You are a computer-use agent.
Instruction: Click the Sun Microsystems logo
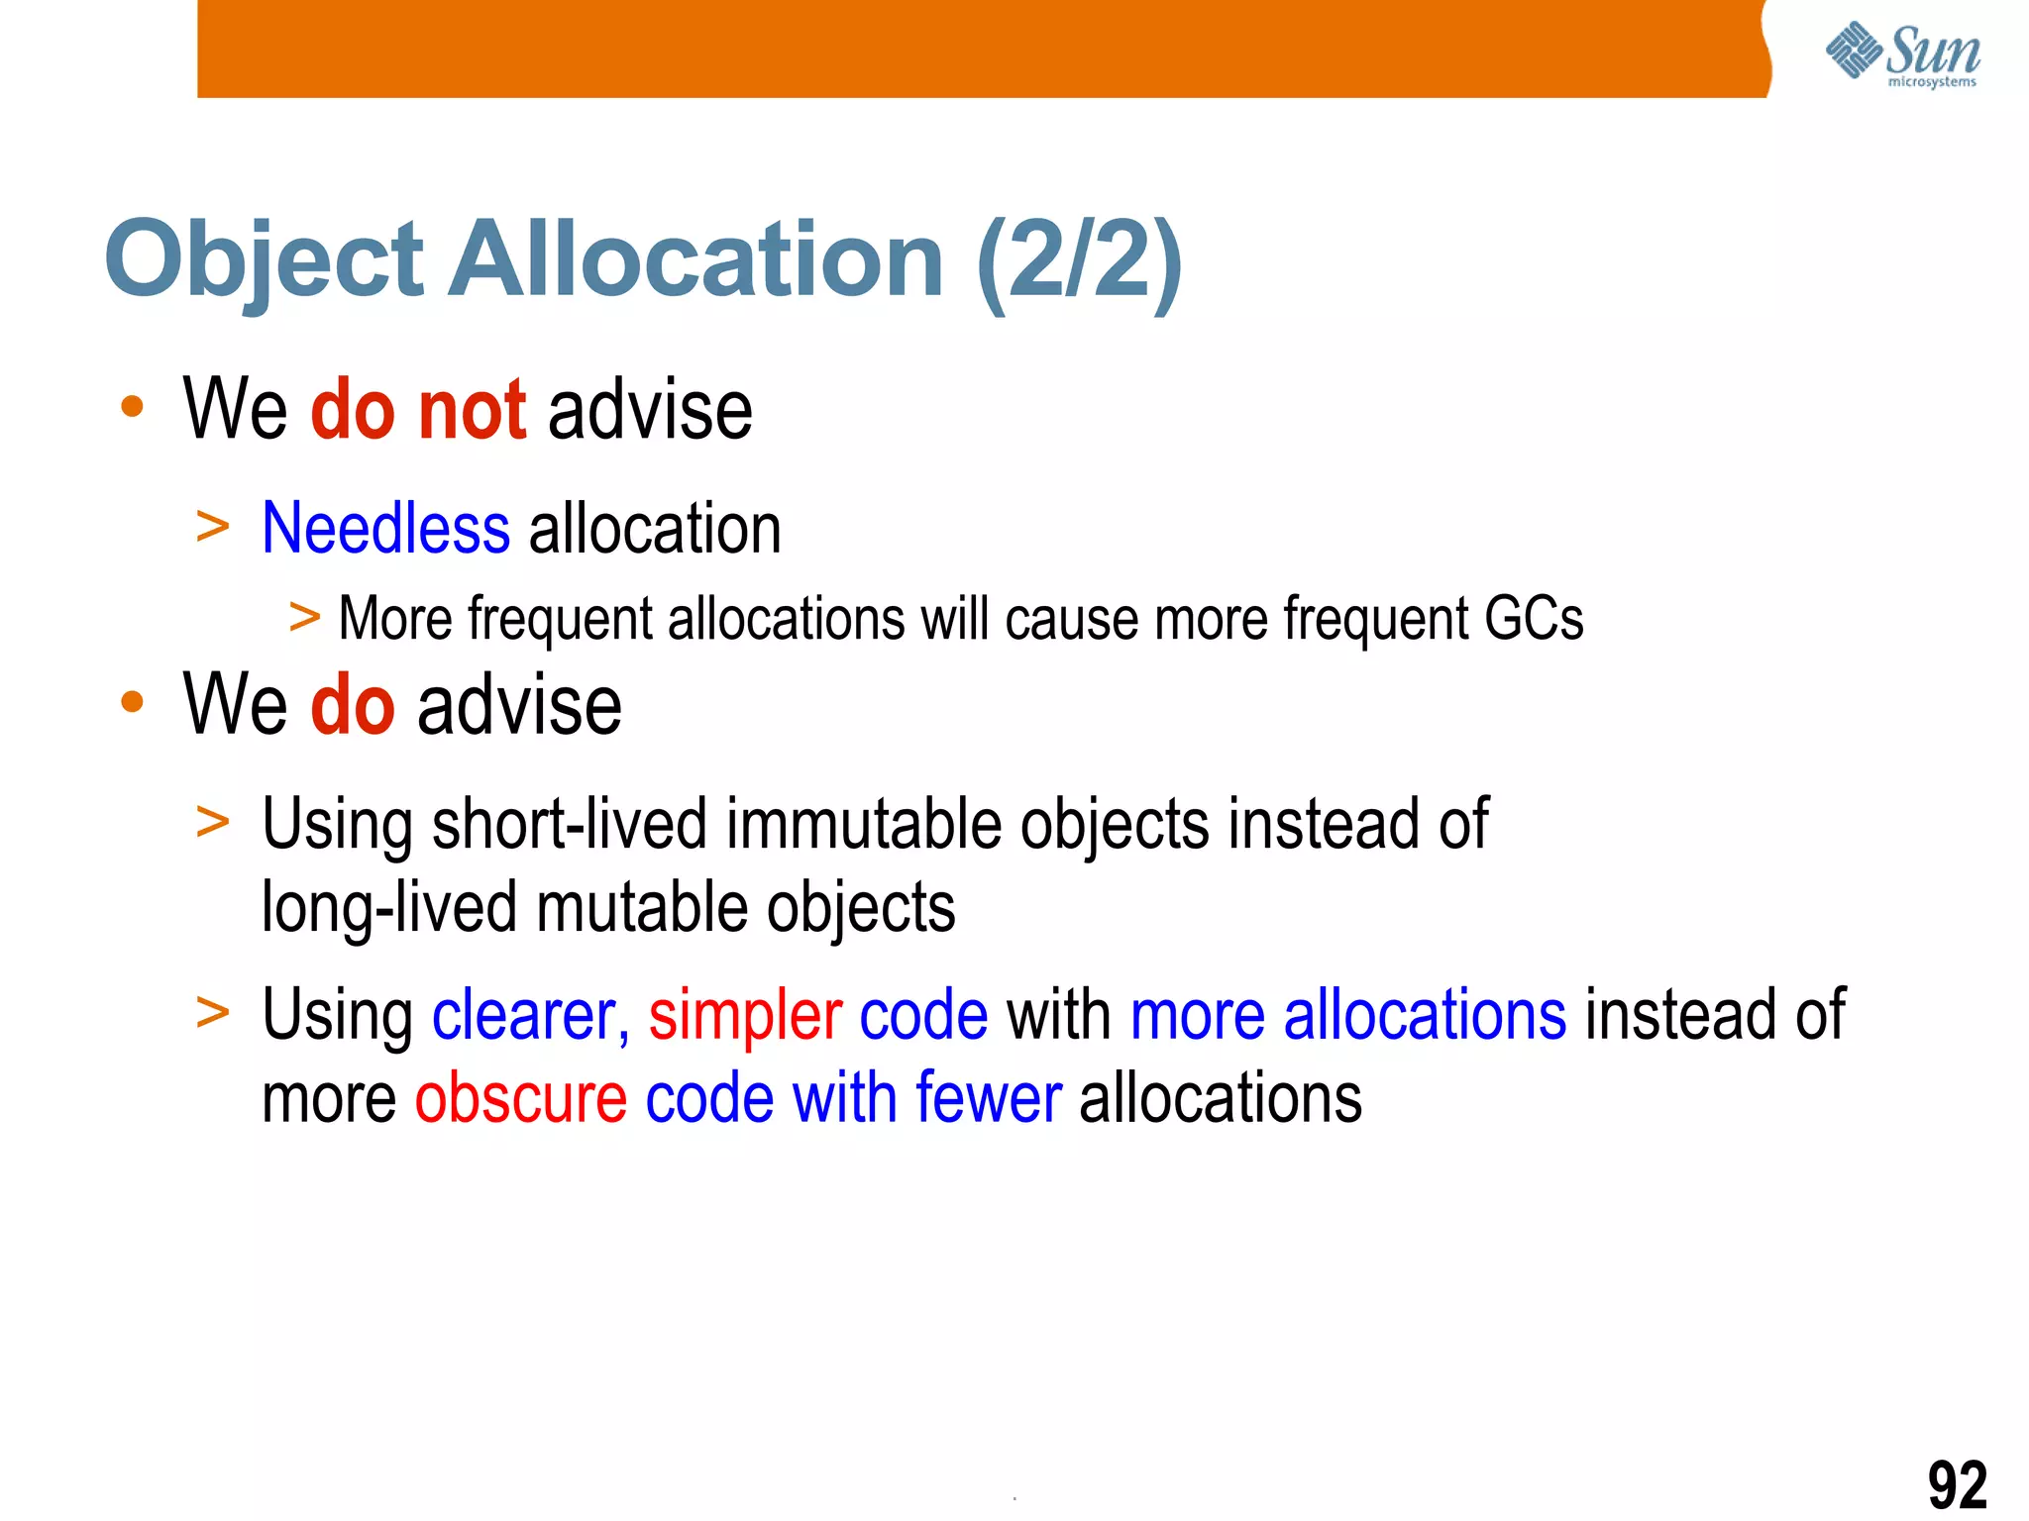click(1902, 54)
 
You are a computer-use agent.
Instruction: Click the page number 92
click(1957, 1484)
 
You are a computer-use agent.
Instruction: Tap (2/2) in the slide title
click(1079, 260)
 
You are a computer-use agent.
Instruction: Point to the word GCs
click(1534, 619)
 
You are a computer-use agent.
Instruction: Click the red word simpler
click(745, 1015)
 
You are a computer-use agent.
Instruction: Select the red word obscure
click(520, 1098)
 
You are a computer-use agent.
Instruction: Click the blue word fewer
click(988, 1098)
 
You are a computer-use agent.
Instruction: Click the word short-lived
click(570, 824)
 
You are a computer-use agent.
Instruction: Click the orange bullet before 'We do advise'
click(132, 702)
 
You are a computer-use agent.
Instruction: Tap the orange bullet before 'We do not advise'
click(132, 406)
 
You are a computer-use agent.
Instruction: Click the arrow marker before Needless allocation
click(212, 527)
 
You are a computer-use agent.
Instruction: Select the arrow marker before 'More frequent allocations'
click(304, 618)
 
